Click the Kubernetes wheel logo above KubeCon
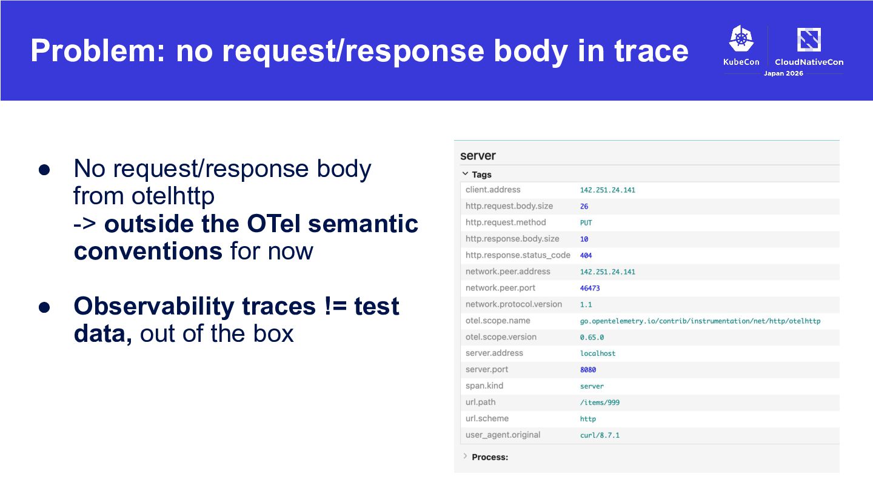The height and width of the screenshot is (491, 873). [x=741, y=38]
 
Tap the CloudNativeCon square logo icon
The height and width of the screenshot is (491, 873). [x=809, y=39]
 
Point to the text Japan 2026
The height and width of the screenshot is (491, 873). [x=783, y=73]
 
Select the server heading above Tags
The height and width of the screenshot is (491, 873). [x=478, y=155]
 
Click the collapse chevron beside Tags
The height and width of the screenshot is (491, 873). [x=465, y=174]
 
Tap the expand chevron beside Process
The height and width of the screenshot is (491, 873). [x=465, y=456]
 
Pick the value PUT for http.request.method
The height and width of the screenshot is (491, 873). [x=586, y=223]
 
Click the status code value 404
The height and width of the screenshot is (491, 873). [x=586, y=256]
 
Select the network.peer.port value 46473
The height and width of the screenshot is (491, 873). [x=590, y=289]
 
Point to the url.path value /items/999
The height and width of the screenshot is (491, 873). [x=600, y=402]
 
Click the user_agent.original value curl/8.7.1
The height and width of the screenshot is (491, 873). [x=600, y=435]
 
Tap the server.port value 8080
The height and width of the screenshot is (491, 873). [x=587, y=370]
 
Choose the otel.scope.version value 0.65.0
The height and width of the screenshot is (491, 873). [x=592, y=338]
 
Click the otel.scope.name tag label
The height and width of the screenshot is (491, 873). [x=498, y=321]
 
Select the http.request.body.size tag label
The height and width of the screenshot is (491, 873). [x=509, y=206]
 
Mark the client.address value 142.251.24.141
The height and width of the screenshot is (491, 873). [x=607, y=190]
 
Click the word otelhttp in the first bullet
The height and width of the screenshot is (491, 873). [x=173, y=196]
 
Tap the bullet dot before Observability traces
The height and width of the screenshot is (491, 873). [x=44, y=307]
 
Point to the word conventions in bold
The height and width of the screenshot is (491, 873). [x=148, y=251]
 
